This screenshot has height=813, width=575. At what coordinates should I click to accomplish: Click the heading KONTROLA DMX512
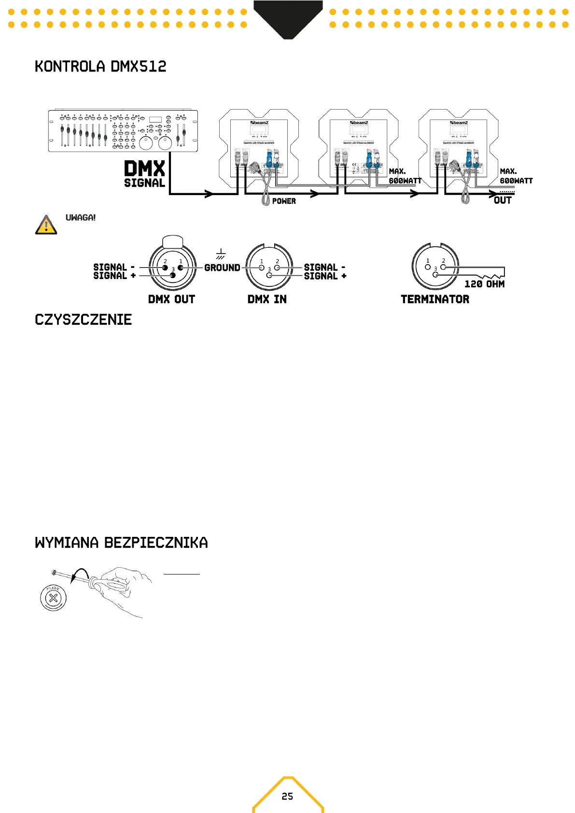[x=100, y=67]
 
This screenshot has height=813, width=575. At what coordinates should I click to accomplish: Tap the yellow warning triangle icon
[x=46, y=225]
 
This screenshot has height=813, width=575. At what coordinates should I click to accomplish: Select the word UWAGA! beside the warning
[x=81, y=218]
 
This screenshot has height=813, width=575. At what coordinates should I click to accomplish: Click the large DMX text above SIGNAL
[x=144, y=169]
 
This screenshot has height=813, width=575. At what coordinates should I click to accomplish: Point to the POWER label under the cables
[x=284, y=201]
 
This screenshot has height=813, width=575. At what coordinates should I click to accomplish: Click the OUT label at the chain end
[x=503, y=200]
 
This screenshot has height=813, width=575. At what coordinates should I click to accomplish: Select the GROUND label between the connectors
[x=222, y=268]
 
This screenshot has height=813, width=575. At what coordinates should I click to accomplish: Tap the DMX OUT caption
[x=171, y=299]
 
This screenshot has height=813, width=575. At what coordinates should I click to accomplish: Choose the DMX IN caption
[x=267, y=299]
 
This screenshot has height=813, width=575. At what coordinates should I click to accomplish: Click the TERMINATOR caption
[x=435, y=299]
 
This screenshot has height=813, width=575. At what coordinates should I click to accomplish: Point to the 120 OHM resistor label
[x=484, y=284]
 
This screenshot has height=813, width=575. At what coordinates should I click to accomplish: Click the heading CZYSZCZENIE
[x=83, y=320]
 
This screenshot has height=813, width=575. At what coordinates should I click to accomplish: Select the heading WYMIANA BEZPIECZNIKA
[x=121, y=543]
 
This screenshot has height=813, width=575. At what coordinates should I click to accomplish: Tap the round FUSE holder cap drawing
[x=53, y=598]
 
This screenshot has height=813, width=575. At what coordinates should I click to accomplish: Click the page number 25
[x=287, y=796]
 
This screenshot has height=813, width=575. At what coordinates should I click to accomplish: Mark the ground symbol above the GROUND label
[x=221, y=254]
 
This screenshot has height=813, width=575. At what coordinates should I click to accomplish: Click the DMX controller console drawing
[x=123, y=131]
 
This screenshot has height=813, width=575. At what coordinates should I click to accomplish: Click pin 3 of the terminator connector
[x=435, y=274]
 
